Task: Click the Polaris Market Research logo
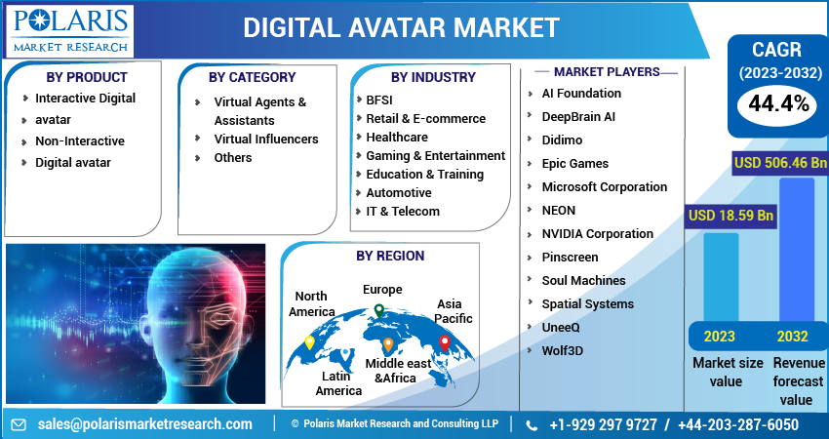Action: (x=69, y=29)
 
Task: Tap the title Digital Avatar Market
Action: (x=401, y=26)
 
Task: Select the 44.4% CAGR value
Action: (x=777, y=101)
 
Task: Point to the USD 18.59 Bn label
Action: (x=730, y=215)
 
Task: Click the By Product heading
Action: (x=86, y=77)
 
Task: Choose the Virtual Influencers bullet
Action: (x=265, y=139)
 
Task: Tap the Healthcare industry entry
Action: (x=396, y=137)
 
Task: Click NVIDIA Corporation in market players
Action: (x=597, y=234)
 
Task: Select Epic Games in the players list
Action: (x=574, y=164)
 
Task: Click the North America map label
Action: (x=311, y=303)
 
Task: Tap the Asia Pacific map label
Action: (x=454, y=311)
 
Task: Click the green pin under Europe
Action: (x=378, y=311)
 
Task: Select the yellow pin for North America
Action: (x=309, y=342)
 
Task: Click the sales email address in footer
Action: (x=144, y=424)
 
